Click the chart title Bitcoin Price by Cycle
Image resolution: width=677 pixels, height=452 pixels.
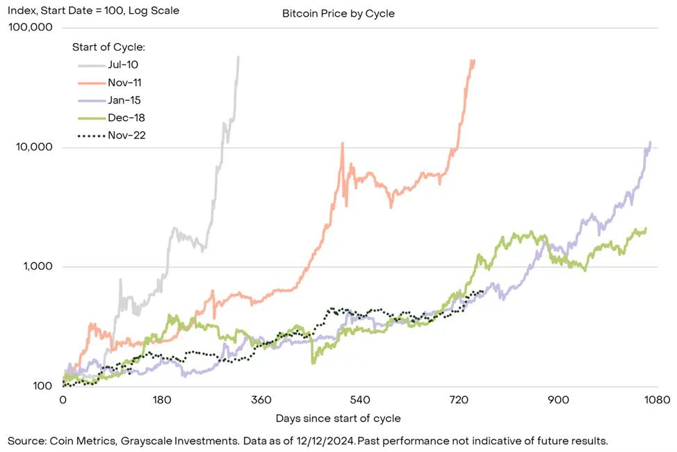point(338,13)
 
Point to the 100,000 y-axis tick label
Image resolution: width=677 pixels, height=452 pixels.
point(30,28)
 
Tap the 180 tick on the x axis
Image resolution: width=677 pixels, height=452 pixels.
point(162,401)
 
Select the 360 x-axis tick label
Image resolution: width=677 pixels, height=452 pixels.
point(261,401)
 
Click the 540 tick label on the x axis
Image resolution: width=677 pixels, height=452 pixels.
point(360,401)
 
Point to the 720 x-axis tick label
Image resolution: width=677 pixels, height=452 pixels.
point(459,401)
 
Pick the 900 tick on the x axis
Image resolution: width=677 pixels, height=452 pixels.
point(558,401)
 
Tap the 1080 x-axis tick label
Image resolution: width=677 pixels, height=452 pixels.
point(656,401)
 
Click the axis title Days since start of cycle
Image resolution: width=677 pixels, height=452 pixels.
point(338,419)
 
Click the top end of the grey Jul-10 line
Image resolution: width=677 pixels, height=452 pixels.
point(238,58)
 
